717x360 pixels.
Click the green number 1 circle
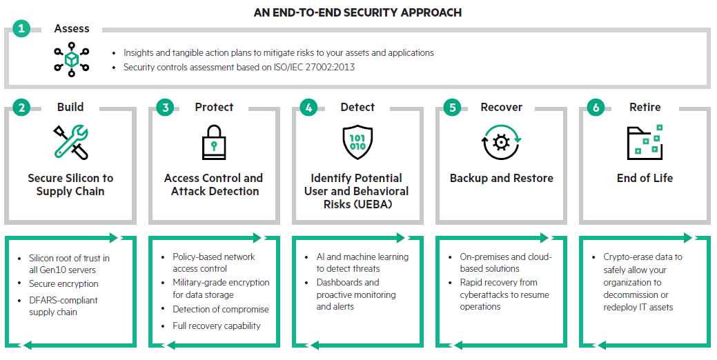[21, 29]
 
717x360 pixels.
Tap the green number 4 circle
[308, 108]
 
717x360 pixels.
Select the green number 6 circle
[596, 108]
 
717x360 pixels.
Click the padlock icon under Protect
[213, 143]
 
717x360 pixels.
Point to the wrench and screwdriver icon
[70, 142]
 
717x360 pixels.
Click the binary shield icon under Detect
[357, 142]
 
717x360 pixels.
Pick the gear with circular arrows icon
[500, 142]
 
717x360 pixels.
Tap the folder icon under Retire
[645, 142]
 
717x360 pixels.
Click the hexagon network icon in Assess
[71, 60]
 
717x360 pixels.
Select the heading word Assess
[72, 29]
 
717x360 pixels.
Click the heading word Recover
[501, 108]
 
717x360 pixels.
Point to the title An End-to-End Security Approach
[358, 12]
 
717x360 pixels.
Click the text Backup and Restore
[501, 178]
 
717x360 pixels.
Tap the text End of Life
[645, 178]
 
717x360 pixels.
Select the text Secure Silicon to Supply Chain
[70, 184]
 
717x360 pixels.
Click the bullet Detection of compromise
[221, 309]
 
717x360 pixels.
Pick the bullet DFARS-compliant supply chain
[63, 306]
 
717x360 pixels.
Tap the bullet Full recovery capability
[217, 326]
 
